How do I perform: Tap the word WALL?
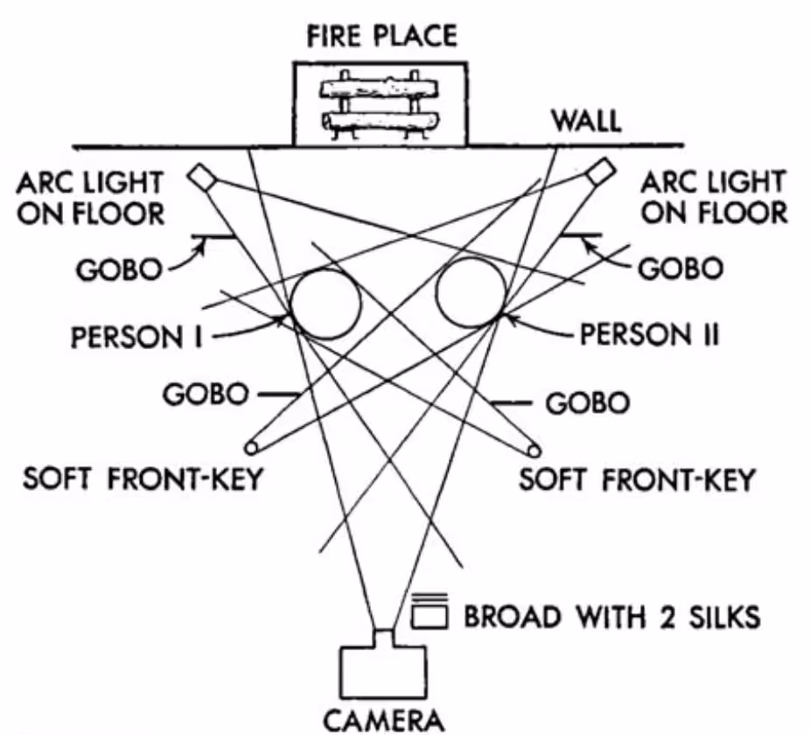click(584, 122)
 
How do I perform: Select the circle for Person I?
click(325, 303)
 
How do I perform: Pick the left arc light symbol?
click(202, 178)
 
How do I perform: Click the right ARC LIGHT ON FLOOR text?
click(713, 198)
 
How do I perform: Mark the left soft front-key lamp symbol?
click(253, 448)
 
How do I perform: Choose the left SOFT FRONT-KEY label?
click(143, 481)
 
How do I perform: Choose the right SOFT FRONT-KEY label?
click(637, 480)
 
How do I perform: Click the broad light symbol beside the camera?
click(429, 614)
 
